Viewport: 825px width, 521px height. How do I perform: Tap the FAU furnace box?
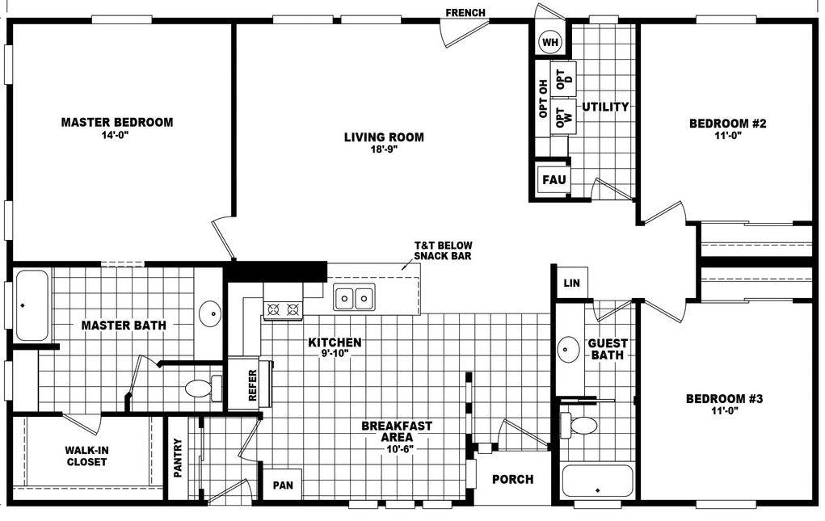coord(554,179)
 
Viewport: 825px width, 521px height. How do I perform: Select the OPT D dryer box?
coord(564,79)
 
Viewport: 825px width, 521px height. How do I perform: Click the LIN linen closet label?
coord(571,283)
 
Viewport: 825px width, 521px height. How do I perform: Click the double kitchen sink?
coord(354,299)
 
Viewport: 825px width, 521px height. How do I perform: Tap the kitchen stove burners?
coord(283,308)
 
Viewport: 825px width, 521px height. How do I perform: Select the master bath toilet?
coord(200,389)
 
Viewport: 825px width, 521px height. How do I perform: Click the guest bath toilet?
coord(580,425)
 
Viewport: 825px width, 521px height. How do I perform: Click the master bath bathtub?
coord(32,306)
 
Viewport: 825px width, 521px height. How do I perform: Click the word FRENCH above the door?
coord(465,12)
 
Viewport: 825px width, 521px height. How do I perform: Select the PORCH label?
coord(513,479)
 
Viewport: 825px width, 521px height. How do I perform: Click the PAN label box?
coord(283,485)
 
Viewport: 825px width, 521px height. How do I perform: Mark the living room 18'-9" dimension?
coord(383,149)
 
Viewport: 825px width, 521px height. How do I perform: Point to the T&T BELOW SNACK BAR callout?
coord(443,250)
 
